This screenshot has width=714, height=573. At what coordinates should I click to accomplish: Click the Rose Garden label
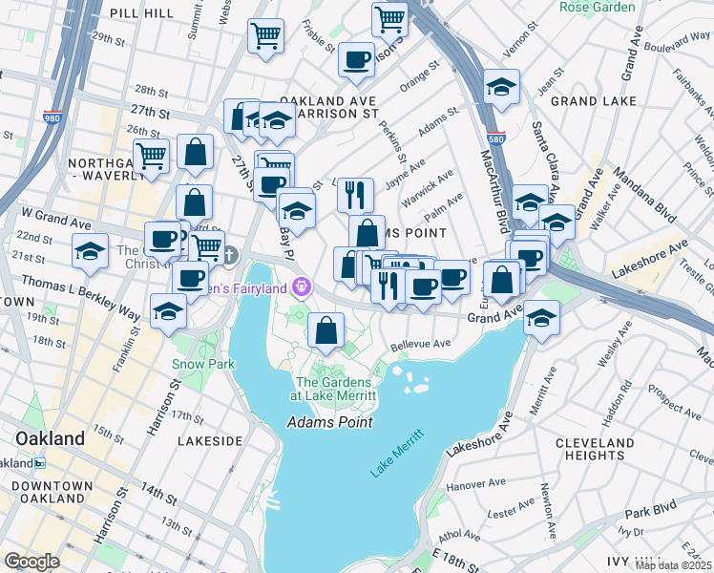coord(597,7)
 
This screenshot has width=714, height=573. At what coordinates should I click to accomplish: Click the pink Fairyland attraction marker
coord(303,285)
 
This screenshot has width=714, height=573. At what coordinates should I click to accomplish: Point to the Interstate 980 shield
coord(52,117)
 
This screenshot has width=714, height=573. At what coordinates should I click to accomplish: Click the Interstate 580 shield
coord(495,138)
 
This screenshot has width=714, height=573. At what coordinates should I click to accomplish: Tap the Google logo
coord(31,562)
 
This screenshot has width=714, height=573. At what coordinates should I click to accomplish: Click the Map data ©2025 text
coord(673,565)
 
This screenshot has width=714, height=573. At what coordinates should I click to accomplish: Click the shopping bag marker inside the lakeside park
coord(326,330)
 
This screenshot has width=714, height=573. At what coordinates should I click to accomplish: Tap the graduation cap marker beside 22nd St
coord(91,252)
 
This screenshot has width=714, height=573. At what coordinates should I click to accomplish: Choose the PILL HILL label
coord(139,12)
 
